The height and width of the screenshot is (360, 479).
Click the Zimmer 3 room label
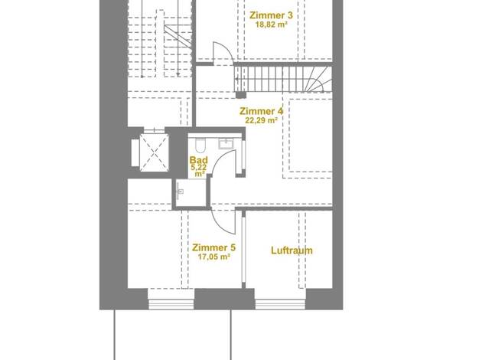tap(271, 15)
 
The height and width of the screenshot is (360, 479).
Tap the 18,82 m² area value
tap(272, 25)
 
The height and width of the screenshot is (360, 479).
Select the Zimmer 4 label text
tap(261, 111)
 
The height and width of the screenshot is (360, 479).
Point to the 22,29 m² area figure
tap(261, 120)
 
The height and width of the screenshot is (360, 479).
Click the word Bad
tap(199, 160)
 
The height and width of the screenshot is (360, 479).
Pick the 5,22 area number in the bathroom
tap(199, 167)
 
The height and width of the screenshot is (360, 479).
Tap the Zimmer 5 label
tap(213, 247)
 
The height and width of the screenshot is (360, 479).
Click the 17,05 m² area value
tap(213, 257)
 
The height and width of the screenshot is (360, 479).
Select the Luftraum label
tap(292, 250)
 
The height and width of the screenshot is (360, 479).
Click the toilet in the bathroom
tap(200, 145)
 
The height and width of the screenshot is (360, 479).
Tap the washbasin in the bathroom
tap(226, 144)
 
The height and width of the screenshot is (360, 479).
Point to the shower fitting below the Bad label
tap(180, 191)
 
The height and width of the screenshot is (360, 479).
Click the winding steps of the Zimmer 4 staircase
tap(318, 80)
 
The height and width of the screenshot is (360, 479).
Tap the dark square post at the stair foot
tap(241, 95)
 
